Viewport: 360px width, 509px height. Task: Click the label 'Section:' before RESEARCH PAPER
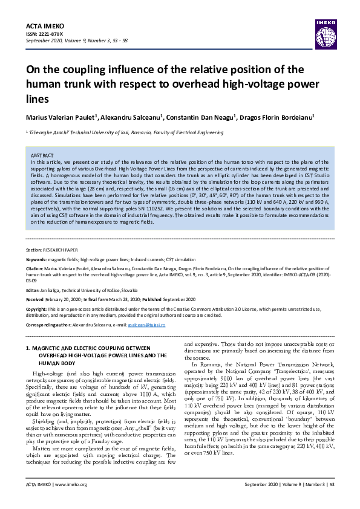[34, 249]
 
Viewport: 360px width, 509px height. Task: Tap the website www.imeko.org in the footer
[71, 501]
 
